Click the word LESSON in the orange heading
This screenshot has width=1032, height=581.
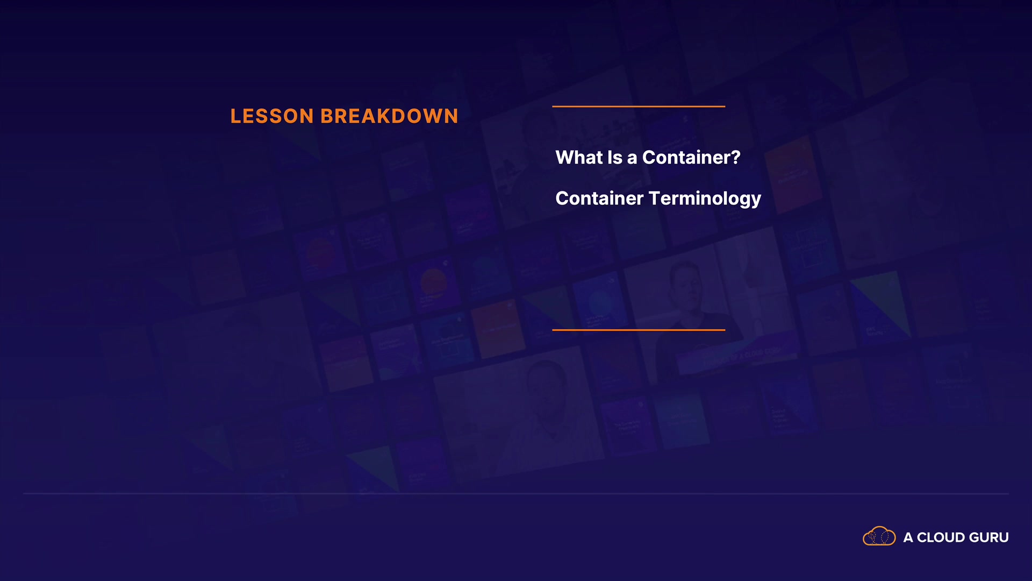point(272,116)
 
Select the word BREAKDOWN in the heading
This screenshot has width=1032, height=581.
point(389,116)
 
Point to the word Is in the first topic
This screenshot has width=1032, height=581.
point(614,157)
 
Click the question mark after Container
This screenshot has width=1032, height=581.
point(736,157)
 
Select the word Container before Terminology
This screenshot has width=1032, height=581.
point(599,198)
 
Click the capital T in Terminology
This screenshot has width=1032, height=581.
point(655,198)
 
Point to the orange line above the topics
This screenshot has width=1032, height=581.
point(639,107)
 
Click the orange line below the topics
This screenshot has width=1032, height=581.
point(639,330)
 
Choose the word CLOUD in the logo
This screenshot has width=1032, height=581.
point(941,537)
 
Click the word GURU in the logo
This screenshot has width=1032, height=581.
point(988,537)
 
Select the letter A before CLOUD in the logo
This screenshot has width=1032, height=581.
point(908,537)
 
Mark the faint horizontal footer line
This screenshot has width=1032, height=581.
point(516,493)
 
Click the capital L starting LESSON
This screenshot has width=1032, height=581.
point(235,116)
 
